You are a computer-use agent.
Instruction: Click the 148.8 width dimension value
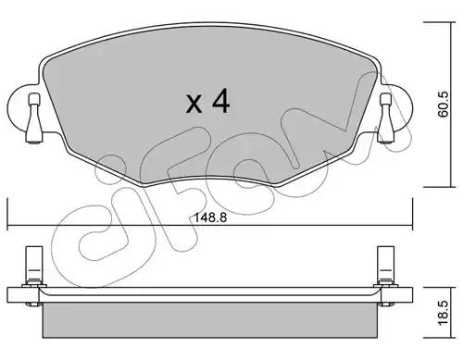coord(210,217)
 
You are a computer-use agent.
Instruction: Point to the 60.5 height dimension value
coord(444,105)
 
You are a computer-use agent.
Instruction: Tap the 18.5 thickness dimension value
coord(444,313)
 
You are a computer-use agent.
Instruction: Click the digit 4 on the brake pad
coord(220,101)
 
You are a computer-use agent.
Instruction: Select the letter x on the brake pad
coord(194,104)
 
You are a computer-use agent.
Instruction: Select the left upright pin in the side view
coord(34,266)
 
